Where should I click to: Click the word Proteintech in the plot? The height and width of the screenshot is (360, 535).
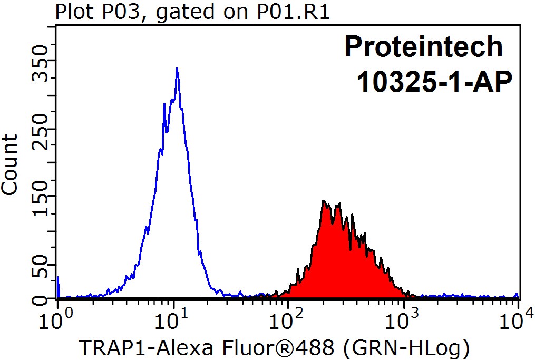424,47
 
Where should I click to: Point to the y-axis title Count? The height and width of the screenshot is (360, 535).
11,164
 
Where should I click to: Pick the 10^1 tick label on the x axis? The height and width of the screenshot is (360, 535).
173,319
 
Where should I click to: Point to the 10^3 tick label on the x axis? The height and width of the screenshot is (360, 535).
404,319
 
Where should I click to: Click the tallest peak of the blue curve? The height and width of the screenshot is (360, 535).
177,69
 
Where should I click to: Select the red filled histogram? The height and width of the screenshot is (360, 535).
343,264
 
